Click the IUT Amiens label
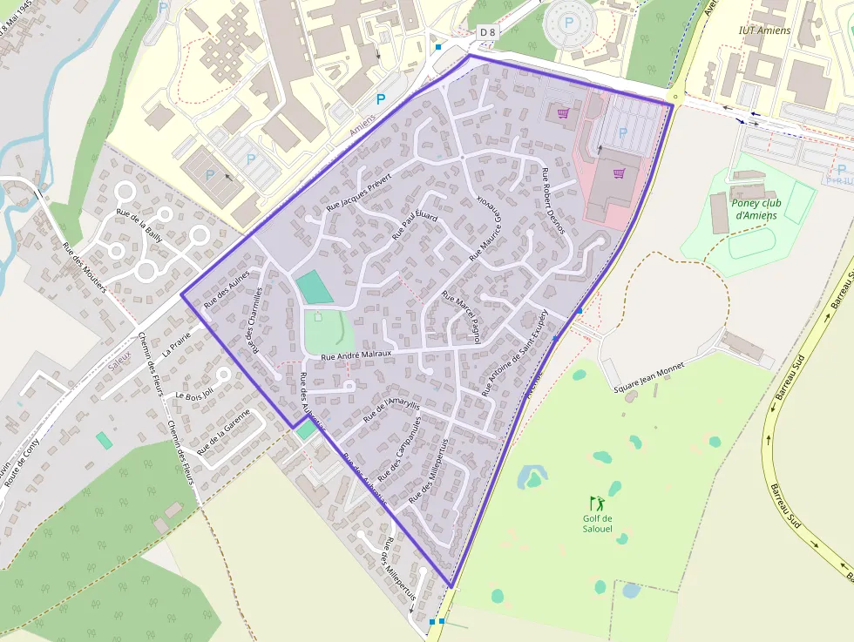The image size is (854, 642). pos(764,30)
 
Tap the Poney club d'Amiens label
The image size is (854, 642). pos(756,209)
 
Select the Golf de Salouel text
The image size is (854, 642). pos(598,523)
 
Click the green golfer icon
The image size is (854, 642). pos(597,503)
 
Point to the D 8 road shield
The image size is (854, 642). pos(487,31)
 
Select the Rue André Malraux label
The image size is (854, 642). pos(356,355)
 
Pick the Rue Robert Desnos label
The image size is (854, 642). pos(553,201)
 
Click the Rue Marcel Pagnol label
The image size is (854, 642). pos(461,316)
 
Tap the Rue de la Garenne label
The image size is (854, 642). pos(229,432)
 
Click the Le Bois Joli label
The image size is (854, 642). pos(193,395)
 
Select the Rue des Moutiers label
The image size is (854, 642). pos(84,267)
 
